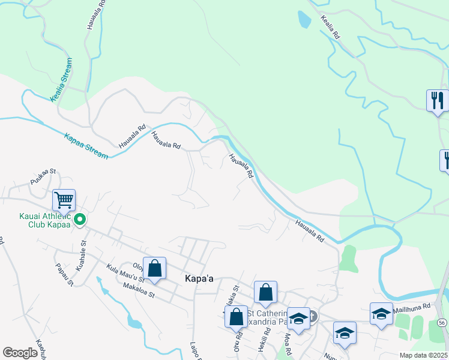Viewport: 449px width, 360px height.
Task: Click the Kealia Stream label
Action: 61,80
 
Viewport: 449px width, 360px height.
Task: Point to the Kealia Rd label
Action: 331,28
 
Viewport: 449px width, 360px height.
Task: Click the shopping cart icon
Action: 64,199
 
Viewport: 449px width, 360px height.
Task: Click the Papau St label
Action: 63,274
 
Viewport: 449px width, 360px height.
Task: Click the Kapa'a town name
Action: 199,280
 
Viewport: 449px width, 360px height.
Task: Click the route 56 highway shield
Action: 442,323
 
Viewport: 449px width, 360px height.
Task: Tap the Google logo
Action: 20,353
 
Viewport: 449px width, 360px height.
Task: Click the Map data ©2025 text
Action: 423,355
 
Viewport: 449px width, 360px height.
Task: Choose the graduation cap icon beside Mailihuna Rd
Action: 381,314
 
